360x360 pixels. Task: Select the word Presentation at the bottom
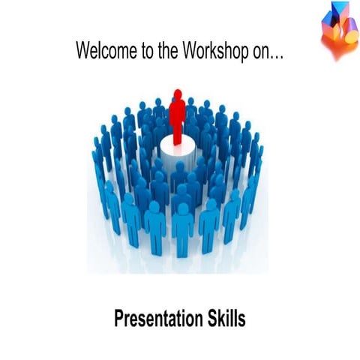pos(154,319)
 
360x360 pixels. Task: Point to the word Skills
pos(224,319)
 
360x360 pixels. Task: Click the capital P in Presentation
pos(119,319)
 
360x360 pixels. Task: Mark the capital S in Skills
pos(208,319)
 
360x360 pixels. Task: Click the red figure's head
pos(178,94)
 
